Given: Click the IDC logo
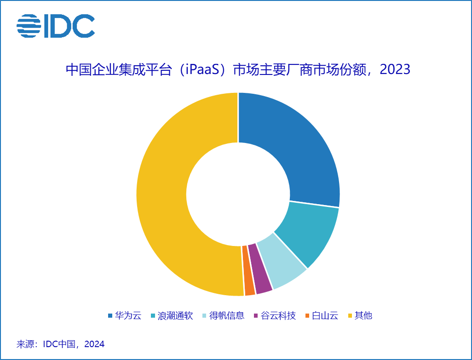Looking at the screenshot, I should pos(56,26).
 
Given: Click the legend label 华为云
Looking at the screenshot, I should pos(128,316).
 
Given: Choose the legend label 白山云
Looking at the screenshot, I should pos(325,316).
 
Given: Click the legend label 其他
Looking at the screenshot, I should pos(363,316).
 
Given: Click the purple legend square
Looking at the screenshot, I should pos(256,316).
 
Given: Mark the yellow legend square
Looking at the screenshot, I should pos(351,316).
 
